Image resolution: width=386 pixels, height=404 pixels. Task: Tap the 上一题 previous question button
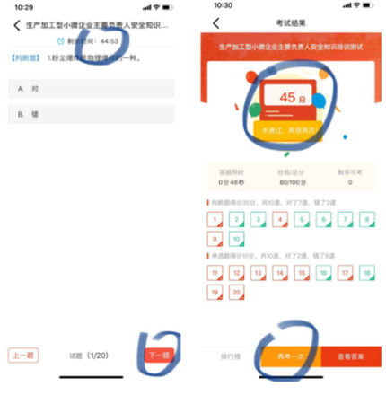click(x=23, y=356)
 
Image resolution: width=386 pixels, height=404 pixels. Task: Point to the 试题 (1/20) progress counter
click(x=91, y=356)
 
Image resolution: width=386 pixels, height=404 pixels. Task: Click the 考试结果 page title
click(x=288, y=22)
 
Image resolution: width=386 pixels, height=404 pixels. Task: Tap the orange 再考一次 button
click(x=289, y=356)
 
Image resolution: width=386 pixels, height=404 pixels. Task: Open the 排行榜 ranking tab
click(x=233, y=356)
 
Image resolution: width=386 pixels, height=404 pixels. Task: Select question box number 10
click(x=237, y=238)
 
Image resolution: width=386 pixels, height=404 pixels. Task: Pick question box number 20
click(x=237, y=292)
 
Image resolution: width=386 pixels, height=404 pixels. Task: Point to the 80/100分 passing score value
click(x=288, y=182)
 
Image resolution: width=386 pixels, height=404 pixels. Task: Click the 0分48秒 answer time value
click(x=231, y=182)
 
